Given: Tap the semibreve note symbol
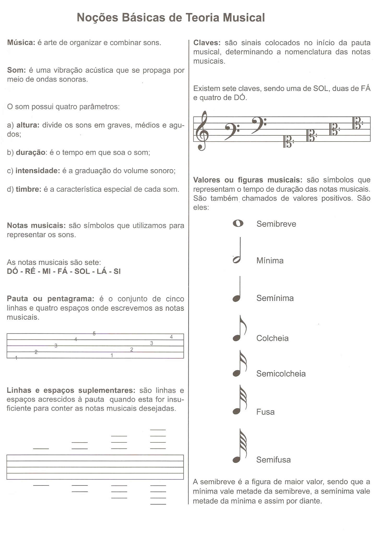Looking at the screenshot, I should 238,224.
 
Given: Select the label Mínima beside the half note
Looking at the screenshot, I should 270,261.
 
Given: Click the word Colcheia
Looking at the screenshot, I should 272,338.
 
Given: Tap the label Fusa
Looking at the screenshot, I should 265,412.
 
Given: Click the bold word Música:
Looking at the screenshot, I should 21,43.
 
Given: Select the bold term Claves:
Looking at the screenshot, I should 207,43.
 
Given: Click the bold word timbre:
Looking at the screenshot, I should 28,189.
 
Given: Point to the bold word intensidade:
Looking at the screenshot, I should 38,171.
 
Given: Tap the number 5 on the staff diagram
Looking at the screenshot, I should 94,333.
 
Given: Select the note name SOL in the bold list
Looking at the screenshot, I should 82,271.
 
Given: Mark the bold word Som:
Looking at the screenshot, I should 16,70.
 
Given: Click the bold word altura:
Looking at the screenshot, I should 28,125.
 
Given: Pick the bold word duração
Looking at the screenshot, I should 31,153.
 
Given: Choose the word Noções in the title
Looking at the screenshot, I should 97,18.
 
